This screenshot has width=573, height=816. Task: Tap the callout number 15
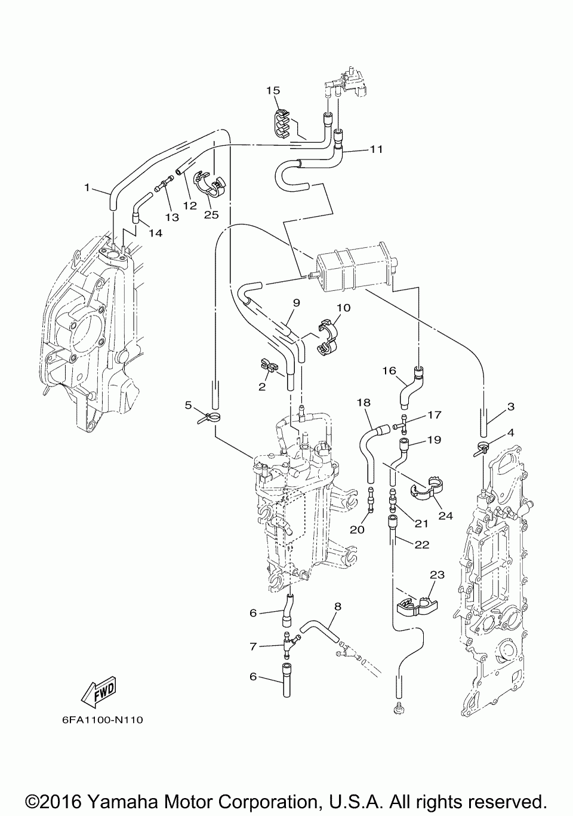[273, 90]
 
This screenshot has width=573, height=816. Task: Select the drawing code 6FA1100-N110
[102, 720]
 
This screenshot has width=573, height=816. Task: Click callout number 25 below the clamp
[211, 214]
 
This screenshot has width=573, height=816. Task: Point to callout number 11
[376, 149]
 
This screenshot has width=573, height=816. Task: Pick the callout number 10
[343, 308]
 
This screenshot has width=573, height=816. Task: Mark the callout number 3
[511, 406]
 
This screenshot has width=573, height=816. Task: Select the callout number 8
[338, 606]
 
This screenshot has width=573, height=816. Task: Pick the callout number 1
[87, 188]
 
